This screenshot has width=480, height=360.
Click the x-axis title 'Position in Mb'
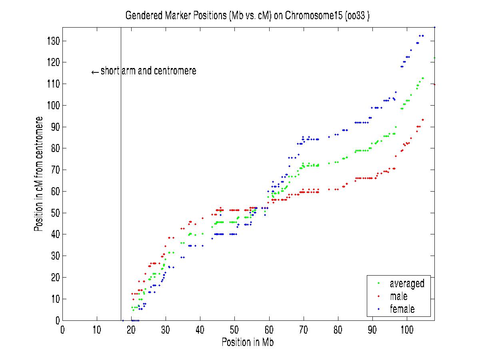coord(248,342)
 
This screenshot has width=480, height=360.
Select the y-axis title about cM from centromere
coord(39,174)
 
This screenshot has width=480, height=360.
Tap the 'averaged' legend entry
coord(407,284)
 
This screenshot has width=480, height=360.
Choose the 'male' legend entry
coord(398,296)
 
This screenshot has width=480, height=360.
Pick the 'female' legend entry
coord(402,309)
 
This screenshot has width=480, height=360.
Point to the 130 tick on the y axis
coord(53,41)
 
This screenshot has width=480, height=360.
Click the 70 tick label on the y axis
coord(54,170)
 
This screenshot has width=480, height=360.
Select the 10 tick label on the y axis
coord(54,299)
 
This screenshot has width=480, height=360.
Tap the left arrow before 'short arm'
coord(95,72)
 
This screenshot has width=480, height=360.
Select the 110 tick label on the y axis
coord(53,84)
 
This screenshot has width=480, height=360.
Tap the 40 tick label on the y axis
coord(54,234)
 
